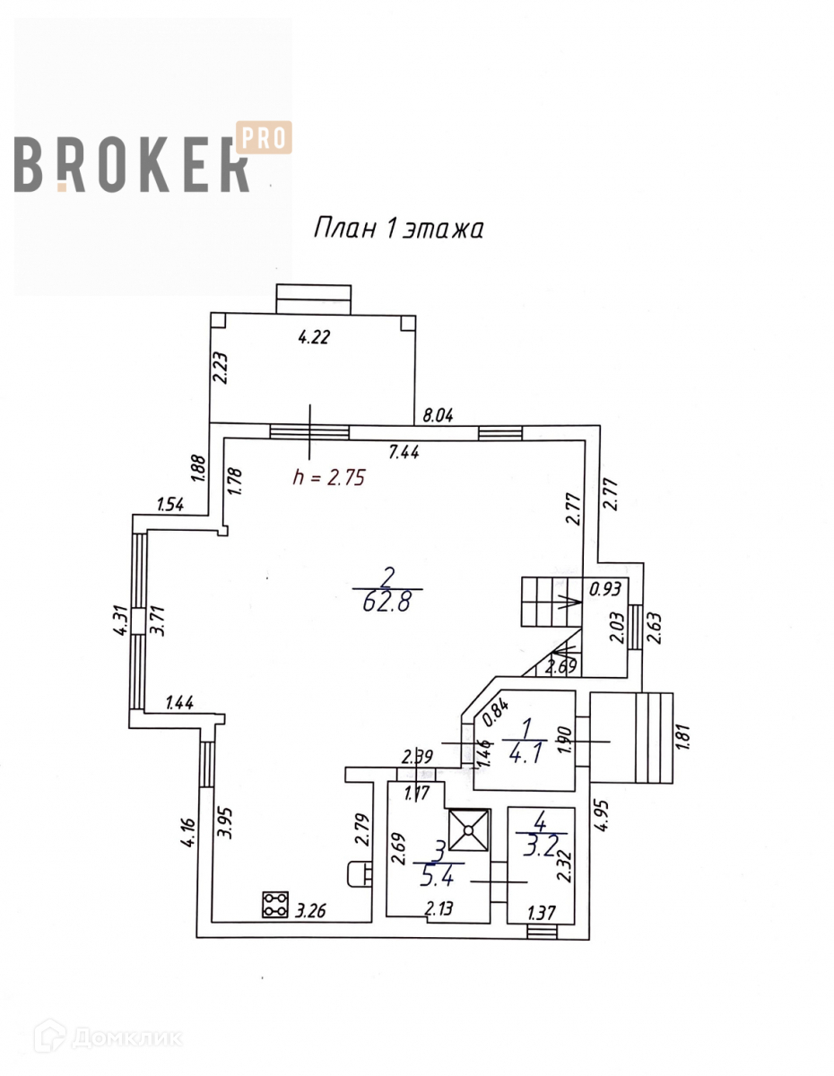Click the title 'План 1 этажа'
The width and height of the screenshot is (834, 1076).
coord(398,230)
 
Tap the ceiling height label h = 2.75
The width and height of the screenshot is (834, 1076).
coord(330,478)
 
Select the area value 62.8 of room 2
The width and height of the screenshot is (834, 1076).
coord(387,603)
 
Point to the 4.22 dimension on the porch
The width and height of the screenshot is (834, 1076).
coord(313,338)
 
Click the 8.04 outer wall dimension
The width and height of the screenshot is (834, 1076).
coord(439,415)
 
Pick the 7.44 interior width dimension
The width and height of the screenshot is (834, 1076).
coord(405,454)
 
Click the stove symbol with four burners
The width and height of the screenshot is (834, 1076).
coord(275,903)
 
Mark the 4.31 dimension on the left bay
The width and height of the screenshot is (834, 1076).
coord(120,619)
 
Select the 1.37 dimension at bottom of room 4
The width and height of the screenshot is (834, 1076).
coord(540,914)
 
